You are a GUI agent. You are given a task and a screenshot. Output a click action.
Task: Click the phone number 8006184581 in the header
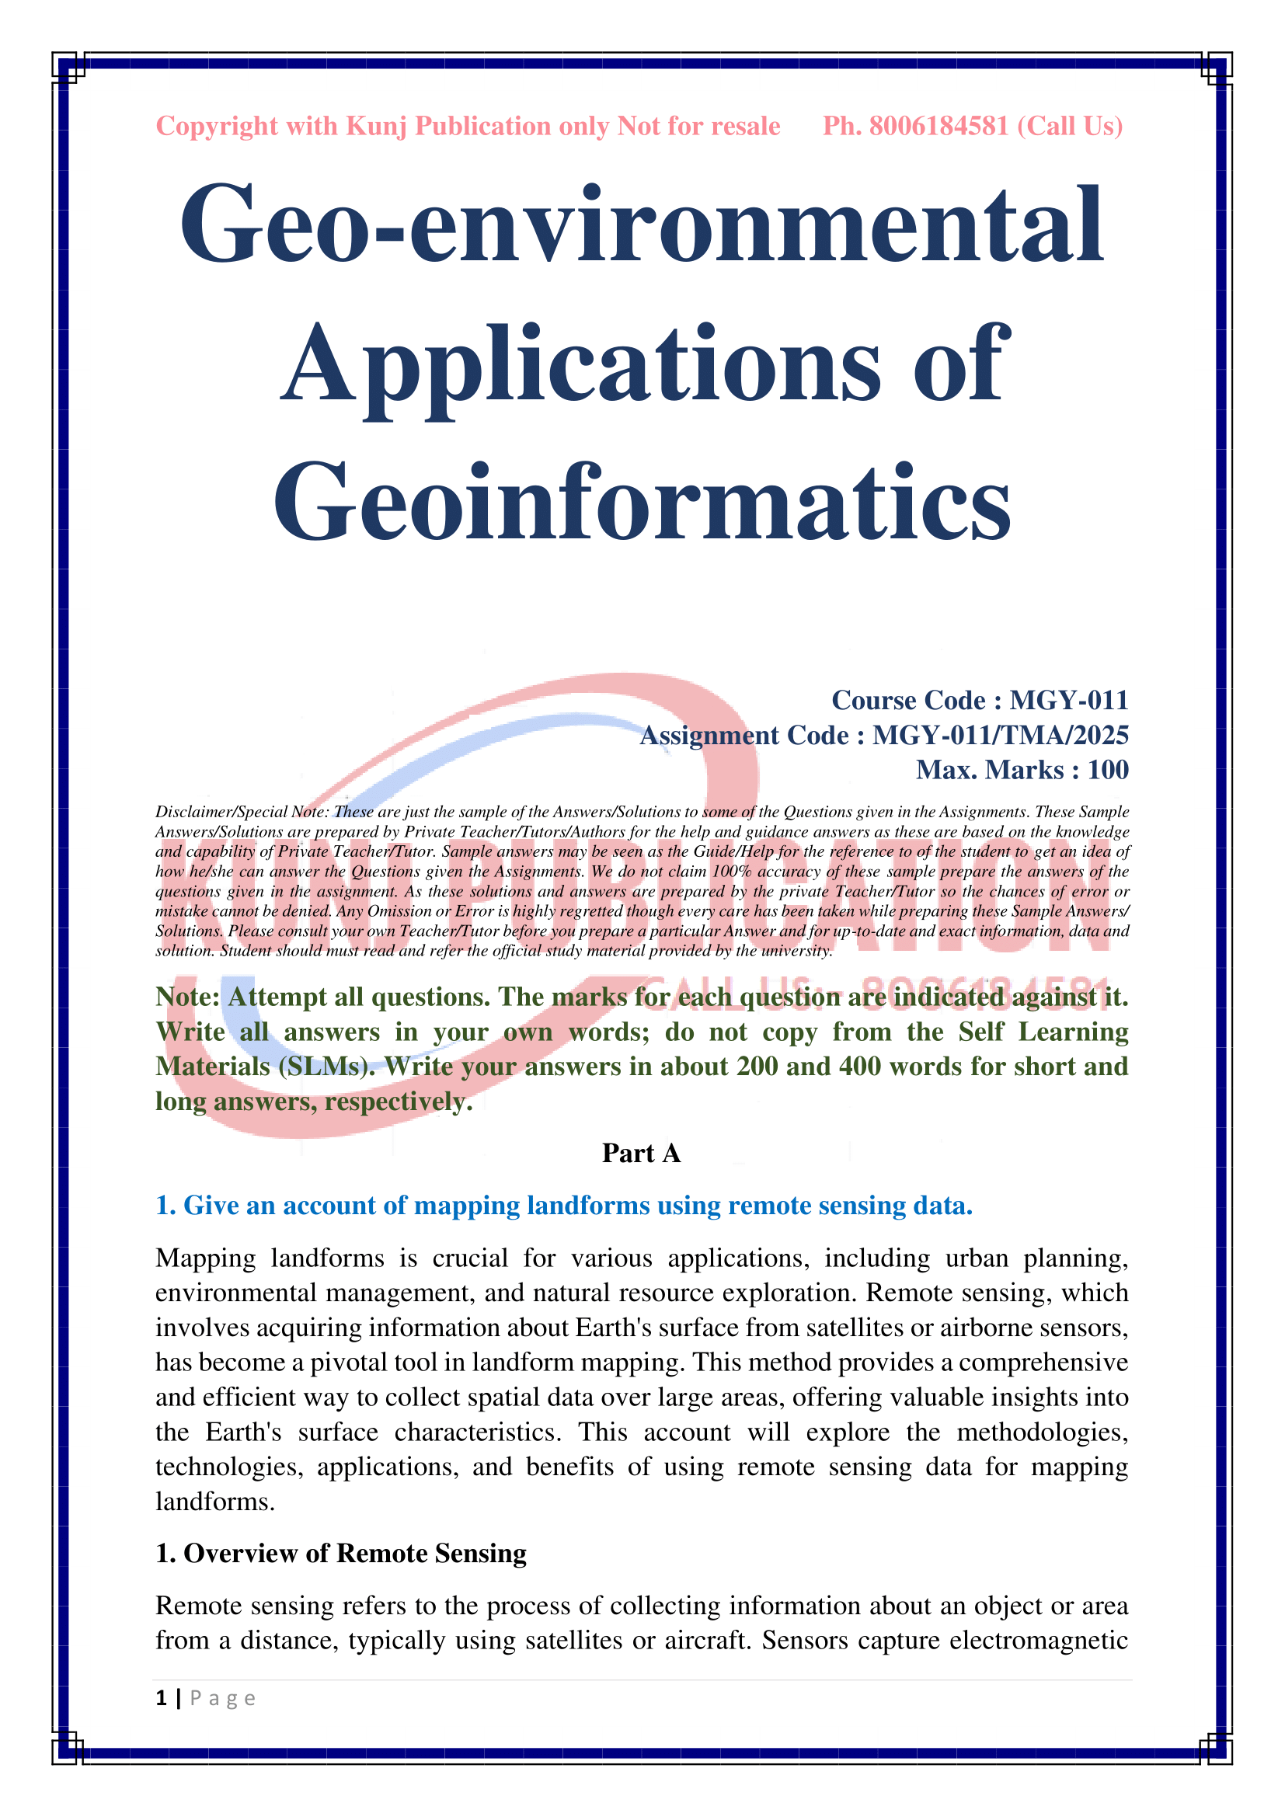[x=939, y=126]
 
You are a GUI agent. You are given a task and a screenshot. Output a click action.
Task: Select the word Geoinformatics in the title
[x=642, y=503]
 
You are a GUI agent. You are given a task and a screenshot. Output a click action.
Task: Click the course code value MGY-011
[x=1069, y=701]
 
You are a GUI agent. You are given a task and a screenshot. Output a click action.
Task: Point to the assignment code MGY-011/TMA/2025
[x=1000, y=735]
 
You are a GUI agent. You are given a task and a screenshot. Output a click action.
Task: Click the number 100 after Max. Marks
[x=1108, y=770]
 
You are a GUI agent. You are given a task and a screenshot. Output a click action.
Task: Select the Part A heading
[x=641, y=1153]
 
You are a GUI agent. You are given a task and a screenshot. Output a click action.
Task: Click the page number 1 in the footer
[x=162, y=1698]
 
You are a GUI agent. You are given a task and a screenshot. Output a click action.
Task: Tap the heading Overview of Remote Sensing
[x=354, y=1553]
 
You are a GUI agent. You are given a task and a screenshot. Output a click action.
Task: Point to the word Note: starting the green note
[x=187, y=997]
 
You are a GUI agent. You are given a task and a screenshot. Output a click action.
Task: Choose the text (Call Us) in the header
[x=1070, y=126]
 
